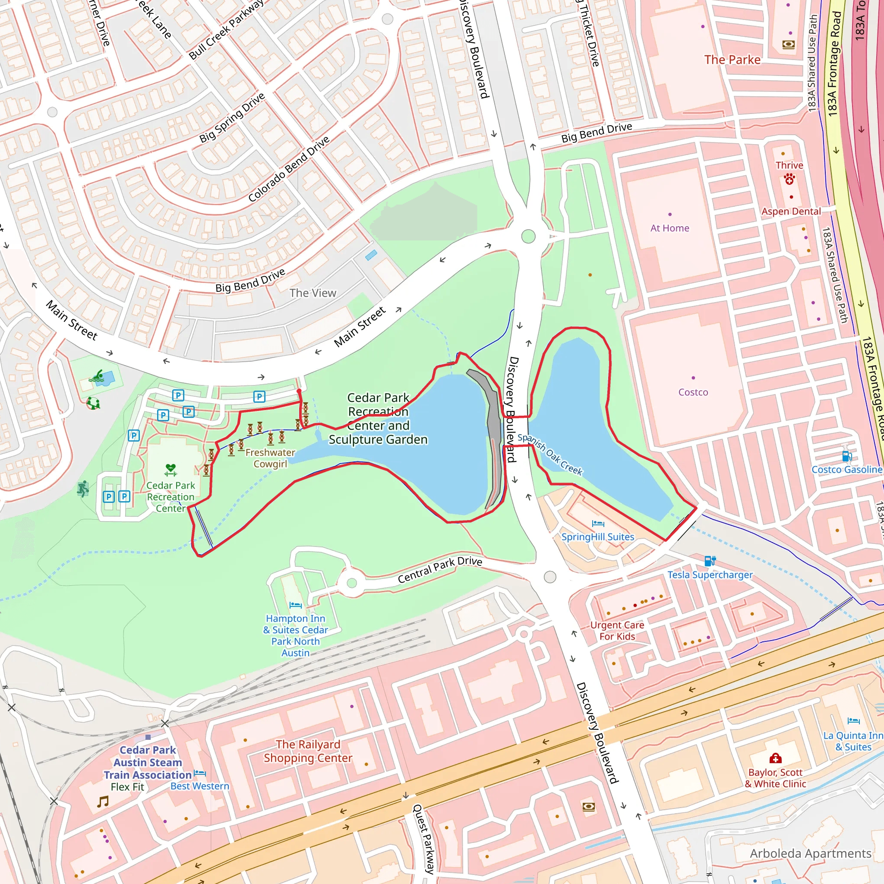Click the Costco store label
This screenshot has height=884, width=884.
(x=693, y=392)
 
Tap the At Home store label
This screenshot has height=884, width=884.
(x=669, y=228)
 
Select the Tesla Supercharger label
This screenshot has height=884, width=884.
(x=710, y=575)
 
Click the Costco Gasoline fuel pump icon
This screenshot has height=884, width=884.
(x=846, y=456)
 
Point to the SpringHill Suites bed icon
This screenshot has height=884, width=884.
(x=598, y=524)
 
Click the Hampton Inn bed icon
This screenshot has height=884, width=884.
(x=296, y=605)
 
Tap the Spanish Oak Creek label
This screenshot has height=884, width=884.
(x=549, y=455)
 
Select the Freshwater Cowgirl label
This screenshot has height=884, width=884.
(x=270, y=458)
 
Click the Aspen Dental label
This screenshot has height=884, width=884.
(x=791, y=212)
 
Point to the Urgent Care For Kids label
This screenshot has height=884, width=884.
(x=617, y=631)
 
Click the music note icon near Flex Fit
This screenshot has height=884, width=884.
(x=103, y=802)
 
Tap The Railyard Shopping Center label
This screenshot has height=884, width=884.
(x=308, y=751)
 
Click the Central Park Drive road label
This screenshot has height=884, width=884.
(x=440, y=570)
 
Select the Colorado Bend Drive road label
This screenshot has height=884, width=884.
(x=288, y=169)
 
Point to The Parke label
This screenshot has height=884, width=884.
(x=732, y=60)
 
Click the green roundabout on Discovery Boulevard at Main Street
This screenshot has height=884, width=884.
(x=528, y=237)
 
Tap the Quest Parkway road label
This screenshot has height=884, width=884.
(x=424, y=839)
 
